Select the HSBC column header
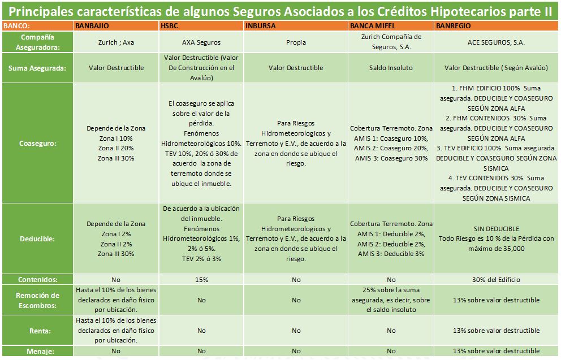click(169, 26)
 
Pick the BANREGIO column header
click(454, 26)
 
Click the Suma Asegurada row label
click(37, 68)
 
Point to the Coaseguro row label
click(37, 144)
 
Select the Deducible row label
click(37, 238)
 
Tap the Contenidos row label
click(37, 279)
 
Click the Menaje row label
click(37, 352)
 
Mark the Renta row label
click(37, 331)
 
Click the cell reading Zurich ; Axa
click(116, 42)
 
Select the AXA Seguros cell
click(201, 42)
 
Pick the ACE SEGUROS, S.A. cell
click(496, 42)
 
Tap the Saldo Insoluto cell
click(391, 68)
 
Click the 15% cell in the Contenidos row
click(201, 279)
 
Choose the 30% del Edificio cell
click(496, 279)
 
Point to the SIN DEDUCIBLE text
click(496, 229)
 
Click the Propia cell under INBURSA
click(296, 42)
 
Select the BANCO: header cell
click(17, 26)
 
